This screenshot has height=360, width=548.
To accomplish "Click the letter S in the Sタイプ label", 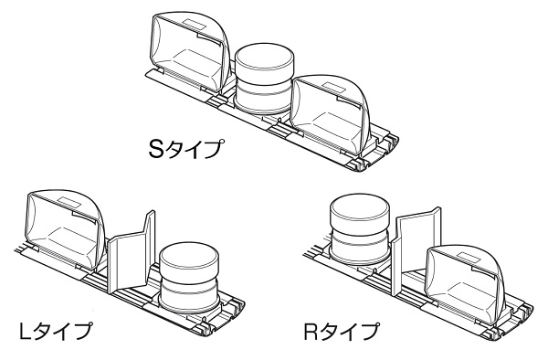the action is tap(156, 149).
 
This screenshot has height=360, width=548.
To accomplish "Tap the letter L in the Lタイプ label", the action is tap(26, 332).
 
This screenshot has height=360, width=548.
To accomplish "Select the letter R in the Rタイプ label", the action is tap(312, 332).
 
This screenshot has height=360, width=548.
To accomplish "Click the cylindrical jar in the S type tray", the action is tap(264, 79).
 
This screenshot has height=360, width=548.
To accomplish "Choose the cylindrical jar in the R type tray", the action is tap(359, 229).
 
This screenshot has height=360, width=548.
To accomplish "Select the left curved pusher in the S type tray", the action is tap(188, 52).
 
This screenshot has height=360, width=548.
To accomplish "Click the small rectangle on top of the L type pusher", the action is tap(68, 202).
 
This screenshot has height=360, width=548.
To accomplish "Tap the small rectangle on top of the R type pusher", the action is tap(469, 256).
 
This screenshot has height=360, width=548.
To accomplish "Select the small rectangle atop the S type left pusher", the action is tap(195, 24).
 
